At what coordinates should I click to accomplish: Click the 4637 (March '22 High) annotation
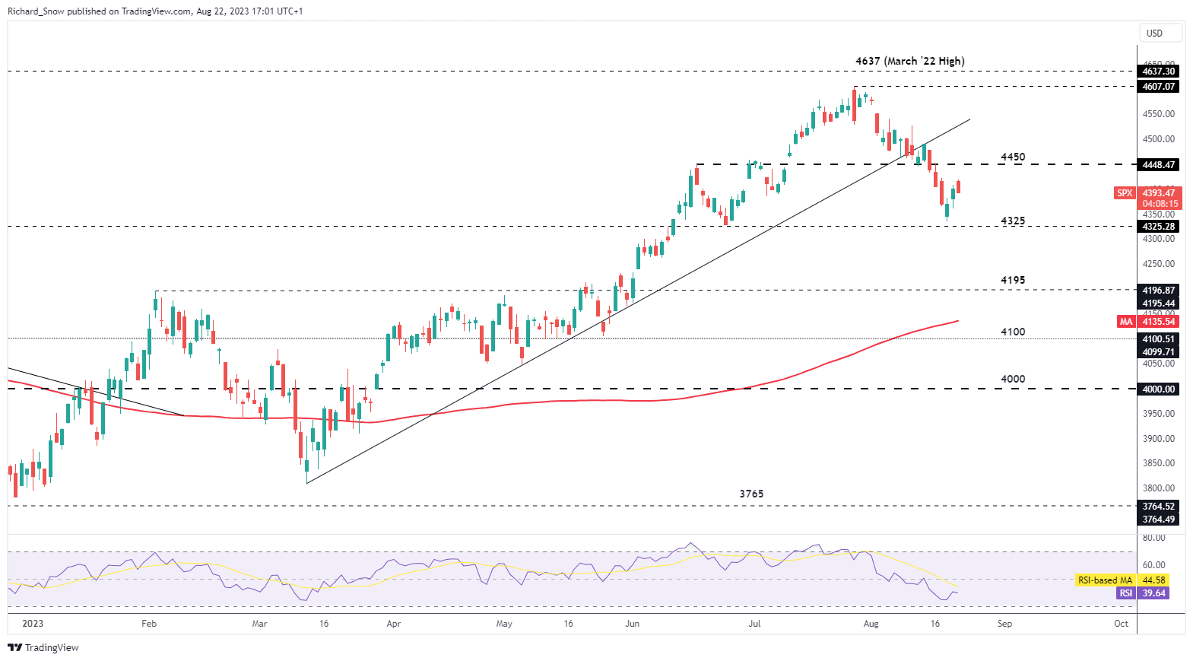[909, 61]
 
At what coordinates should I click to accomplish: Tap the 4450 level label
[1012, 157]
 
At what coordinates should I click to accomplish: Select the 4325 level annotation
[1012, 221]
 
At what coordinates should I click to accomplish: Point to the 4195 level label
[1012, 281]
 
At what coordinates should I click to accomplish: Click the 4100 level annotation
[1012, 332]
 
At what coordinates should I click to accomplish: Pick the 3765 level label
[751, 494]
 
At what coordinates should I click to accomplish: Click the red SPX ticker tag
[1124, 193]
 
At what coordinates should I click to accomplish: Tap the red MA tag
[1125, 322]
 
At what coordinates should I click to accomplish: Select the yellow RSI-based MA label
[1105, 580]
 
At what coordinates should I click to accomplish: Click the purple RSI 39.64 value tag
[1153, 593]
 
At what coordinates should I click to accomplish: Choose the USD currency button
[1154, 33]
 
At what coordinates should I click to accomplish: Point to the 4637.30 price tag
[1158, 72]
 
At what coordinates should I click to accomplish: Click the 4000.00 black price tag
[1158, 389]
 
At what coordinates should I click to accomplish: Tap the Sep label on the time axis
[1004, 624]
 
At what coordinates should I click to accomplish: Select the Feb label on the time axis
[149, 624]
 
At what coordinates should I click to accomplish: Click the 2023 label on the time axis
[33, 624]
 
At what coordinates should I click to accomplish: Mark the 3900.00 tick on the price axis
[1158, 439]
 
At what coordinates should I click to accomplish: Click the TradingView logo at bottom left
[43, 648]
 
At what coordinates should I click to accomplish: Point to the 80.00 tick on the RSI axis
[1153, 538]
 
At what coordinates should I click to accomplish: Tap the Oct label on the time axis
[1121, 624]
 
